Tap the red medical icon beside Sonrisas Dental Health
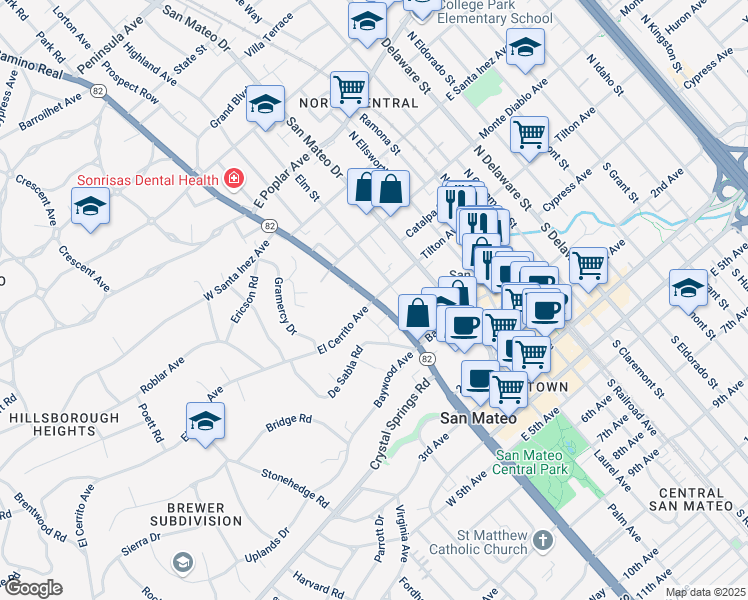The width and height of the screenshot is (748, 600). [x=234, y=179]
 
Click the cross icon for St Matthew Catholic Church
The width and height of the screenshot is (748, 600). [x=542, y=541]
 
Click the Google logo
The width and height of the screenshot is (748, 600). [x=32, y=588]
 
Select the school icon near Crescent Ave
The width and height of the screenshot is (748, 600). [x=90, y=206]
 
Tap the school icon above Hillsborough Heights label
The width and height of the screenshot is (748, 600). [x=205, y=421]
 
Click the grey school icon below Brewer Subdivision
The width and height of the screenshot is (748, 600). [x=182, y=564]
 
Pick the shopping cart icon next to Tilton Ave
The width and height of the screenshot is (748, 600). [x=529, y=132]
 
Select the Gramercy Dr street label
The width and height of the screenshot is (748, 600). [x=285, y=306]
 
